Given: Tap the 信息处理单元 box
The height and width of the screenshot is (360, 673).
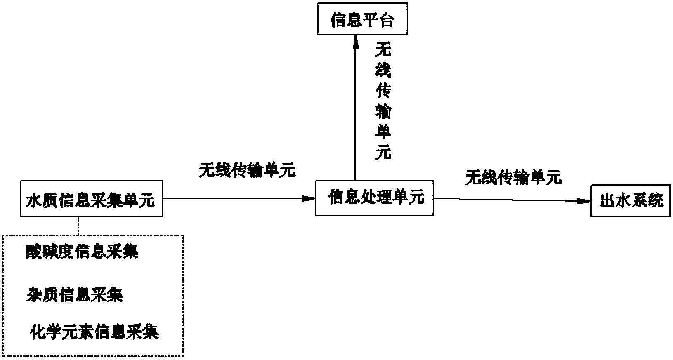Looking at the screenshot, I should click(374, 198).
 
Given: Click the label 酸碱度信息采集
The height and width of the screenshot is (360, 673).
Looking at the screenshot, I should click(82, 251).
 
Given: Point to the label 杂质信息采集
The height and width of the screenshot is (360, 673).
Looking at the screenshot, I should click(75, 294).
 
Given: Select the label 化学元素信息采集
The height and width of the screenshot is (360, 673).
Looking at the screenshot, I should click(94, 332).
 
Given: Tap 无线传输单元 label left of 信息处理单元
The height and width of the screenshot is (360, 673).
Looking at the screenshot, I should click(247, 170).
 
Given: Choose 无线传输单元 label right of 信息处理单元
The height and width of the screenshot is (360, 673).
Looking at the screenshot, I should click(513, 177).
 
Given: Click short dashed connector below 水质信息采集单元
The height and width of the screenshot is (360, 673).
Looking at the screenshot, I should click(78, 226).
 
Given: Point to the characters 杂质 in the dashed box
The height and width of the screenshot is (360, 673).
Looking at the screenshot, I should click(43, 294).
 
